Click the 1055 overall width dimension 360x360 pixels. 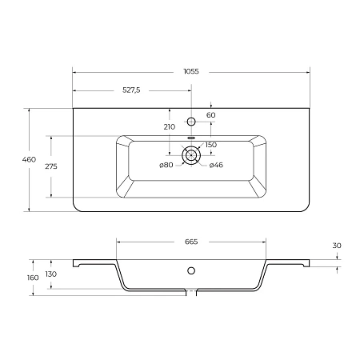pyautogui.click(x=191, y=71)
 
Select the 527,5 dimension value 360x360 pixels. pyautogui.click(x=131, y=90)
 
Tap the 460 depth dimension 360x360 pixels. pyautogui.click(x=29, y=159)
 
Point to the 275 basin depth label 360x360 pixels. pyautogui.click(x=51, y=166)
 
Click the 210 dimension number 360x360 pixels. pyautogui.click(x=170, y=127)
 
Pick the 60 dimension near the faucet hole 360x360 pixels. pyautogui.click(x=211, y=115)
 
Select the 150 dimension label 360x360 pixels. pyautogui.click(x=211, y=145)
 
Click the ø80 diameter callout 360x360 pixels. pyautogui.click(x=166, y=165)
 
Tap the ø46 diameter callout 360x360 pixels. pyautogui.click(x=216, y=165)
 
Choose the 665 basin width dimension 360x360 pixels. pyautogui.click(x=191, y=242)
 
